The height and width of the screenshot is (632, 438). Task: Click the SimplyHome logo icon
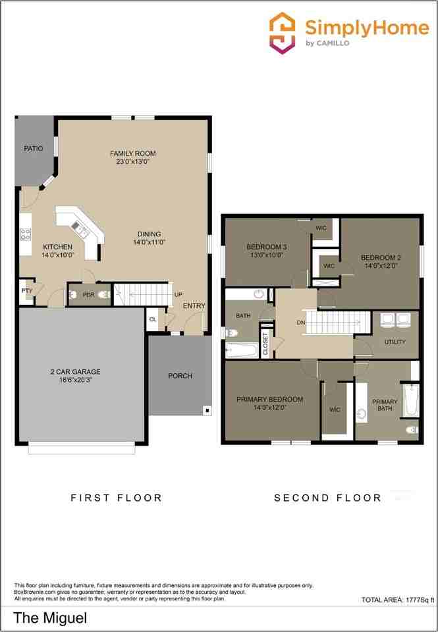click(x=284, y=33)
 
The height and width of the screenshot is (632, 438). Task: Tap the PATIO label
click(x=34, y=149)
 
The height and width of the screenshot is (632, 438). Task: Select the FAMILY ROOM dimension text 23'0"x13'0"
click(x=132, y=162)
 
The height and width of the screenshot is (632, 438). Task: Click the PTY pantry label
click(x=26, y=290)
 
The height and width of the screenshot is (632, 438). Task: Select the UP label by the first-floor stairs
click(x=178, y=294)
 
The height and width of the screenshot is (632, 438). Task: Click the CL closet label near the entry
click(x=153, y=319)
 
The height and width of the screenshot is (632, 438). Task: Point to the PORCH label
click(x=180, y=376)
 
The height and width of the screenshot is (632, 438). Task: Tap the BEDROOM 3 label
click(x=267, y=247)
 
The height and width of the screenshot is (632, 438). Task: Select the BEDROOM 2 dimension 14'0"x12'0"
click(x=380, y=266)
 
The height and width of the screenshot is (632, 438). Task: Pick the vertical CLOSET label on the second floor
click(x=266, y=344)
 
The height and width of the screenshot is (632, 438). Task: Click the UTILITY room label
click(x=395, y=342)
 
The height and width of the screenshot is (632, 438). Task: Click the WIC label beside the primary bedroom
click(x=335, y=410)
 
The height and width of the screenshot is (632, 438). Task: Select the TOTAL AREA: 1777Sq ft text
click(x=398, y=600)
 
